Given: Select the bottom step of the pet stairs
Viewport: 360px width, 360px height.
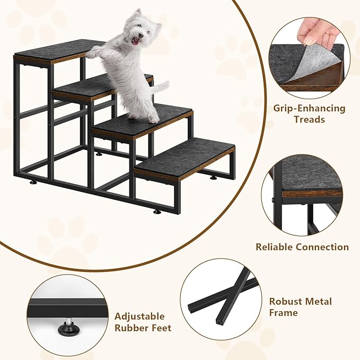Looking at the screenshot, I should (186, 157).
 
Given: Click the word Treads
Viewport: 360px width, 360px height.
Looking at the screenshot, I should (309, 120).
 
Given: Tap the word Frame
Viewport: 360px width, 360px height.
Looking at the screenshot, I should (284, 313).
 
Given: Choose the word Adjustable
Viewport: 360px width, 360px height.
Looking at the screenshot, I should (139, 317).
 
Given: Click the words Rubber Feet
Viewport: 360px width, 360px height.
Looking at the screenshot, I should (143, 328).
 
